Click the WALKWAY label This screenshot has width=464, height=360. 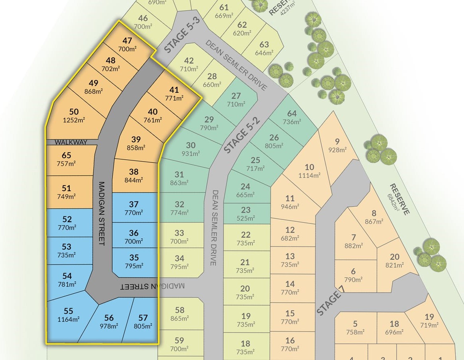pos(71,142)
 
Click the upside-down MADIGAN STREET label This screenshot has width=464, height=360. pos(153,286)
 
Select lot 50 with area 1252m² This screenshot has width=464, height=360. pos(74,115)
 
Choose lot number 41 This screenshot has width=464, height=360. pos(174,93)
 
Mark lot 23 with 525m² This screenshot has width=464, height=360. pos(246,214)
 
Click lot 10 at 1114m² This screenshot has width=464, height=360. pos(309,171)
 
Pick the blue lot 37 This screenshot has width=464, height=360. pos(134,208)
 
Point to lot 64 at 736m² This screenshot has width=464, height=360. pos(292,117)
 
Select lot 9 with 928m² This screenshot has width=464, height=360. pos(337,145)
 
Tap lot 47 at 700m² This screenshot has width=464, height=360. pos(127,44)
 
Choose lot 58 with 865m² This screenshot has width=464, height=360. pos(179,314)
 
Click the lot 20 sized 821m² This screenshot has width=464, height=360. pos(394,260)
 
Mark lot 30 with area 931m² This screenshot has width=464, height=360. pos(191,149)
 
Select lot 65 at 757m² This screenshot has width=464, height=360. pos(67,159)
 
